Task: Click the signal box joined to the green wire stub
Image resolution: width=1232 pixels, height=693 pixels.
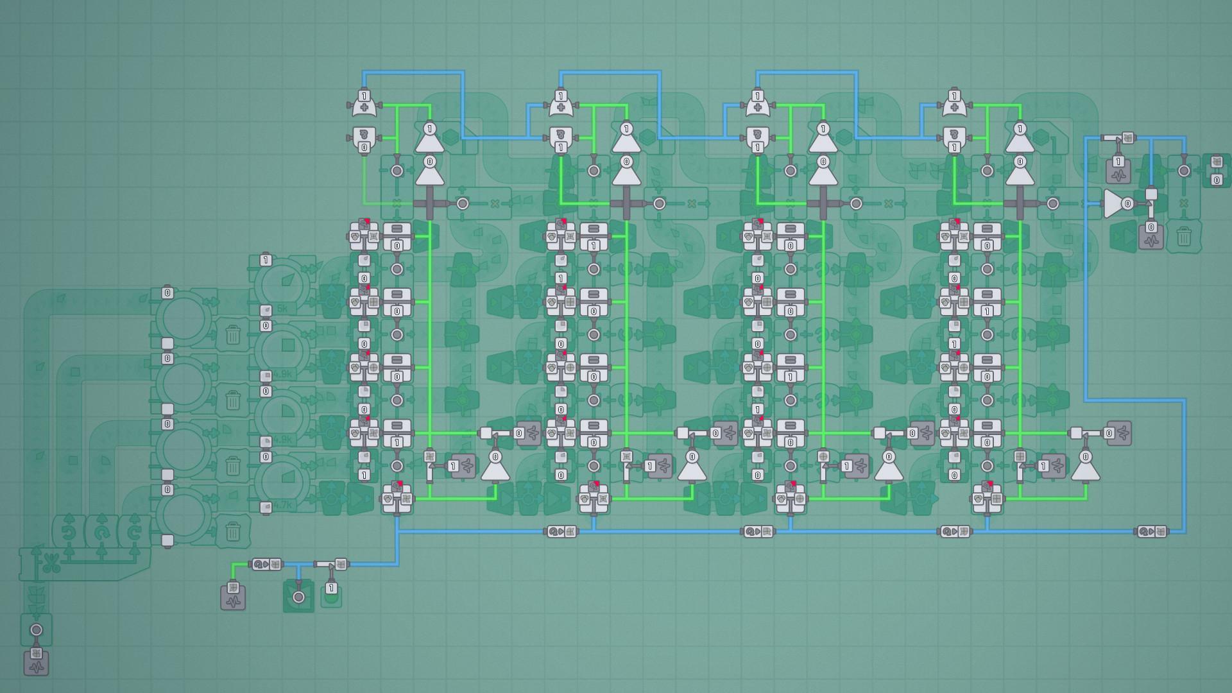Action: pos(233,597)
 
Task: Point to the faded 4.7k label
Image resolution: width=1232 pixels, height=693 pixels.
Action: pos(282,506)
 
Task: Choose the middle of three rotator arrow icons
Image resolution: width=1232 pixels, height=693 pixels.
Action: pos(101,532)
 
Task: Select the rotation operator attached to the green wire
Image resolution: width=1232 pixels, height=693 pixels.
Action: pos(266,565)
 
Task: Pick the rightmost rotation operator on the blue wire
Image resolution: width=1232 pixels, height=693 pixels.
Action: pos(1152,531)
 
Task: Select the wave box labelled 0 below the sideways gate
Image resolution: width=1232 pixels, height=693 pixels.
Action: pos(1151,236)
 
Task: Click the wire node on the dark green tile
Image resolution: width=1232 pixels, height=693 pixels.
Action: pos(298,597)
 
